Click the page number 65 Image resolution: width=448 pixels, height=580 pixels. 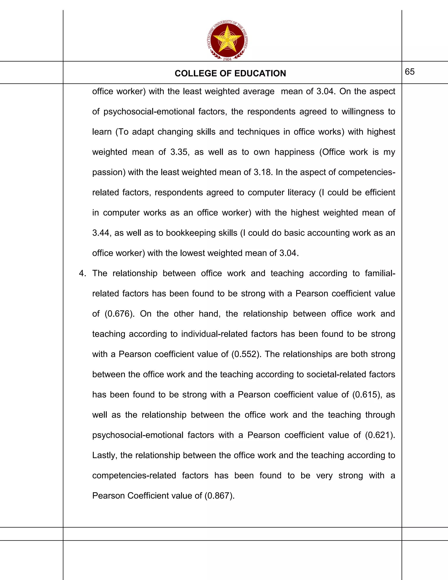(x=409, y=72)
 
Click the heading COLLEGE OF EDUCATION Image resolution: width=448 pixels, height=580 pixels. (x=230, y=73)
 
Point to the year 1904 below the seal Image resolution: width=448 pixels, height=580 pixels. (x=227, y=59)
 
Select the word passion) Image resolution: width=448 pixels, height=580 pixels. (x=109, y=172)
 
